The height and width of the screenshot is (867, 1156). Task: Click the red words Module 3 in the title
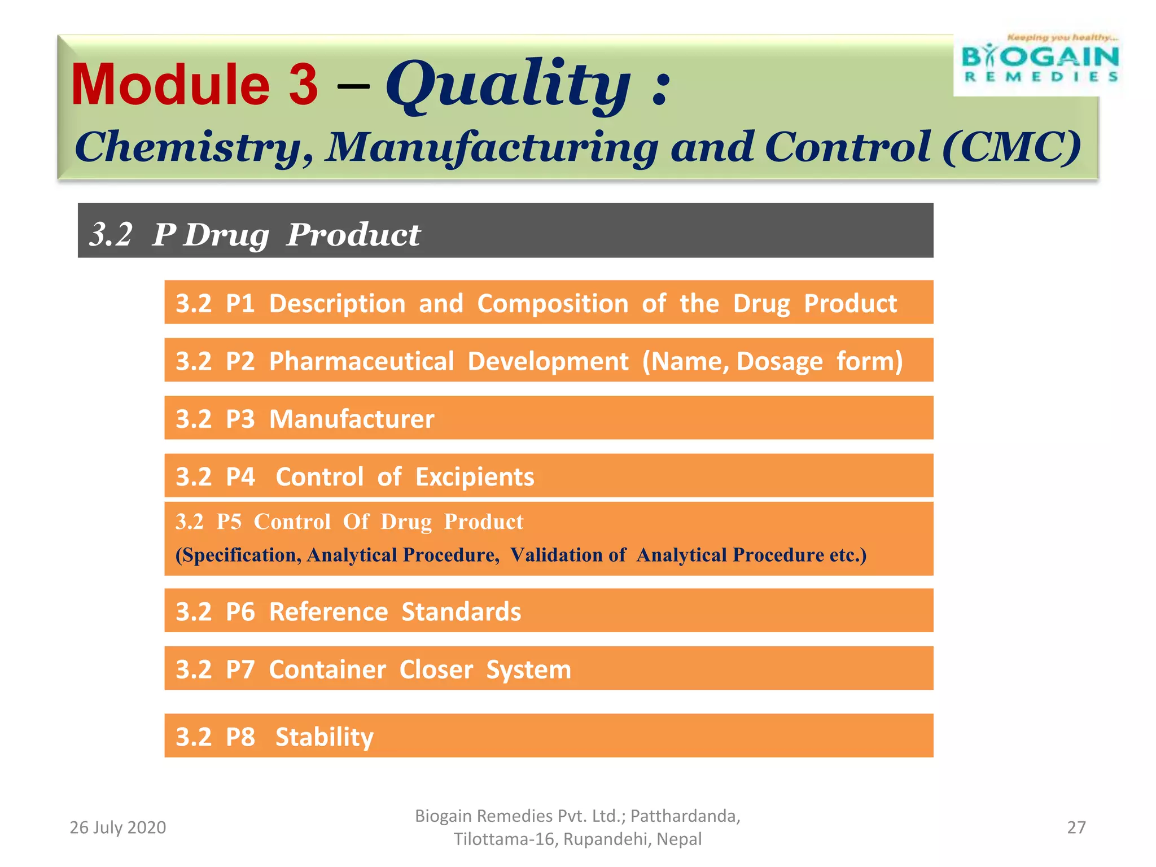point(195,85)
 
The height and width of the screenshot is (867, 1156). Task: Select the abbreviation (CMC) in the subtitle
point(1011,147)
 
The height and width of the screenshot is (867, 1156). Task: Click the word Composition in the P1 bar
point(553,304)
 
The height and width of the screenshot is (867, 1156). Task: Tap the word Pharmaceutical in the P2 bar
point(361,361)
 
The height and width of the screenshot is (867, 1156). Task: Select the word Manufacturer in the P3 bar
point(352,419)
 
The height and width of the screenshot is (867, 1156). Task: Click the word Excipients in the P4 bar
point(475,477)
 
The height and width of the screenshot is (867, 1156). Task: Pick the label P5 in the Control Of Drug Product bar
point(229,522)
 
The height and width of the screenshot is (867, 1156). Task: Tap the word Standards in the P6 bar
point(461,612)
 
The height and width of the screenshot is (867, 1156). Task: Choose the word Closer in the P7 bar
point(436,670)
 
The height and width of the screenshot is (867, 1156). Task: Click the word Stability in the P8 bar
point(325,737)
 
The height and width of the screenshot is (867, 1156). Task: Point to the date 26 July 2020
point(117,827)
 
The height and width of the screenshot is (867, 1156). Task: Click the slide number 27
point(1076,827)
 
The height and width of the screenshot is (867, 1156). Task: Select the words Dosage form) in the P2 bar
point(819,361)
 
